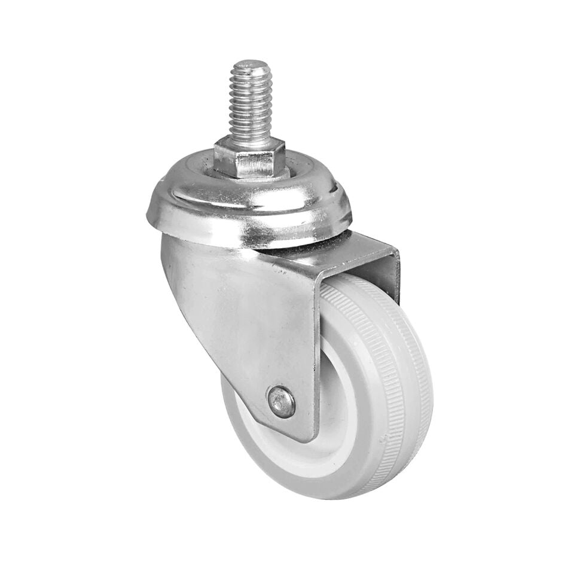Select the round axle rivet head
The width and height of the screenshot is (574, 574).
(x=281, y=402)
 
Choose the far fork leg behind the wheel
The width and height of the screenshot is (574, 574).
(x=392, y=275)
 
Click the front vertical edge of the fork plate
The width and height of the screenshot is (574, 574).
(x=315, y=359)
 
